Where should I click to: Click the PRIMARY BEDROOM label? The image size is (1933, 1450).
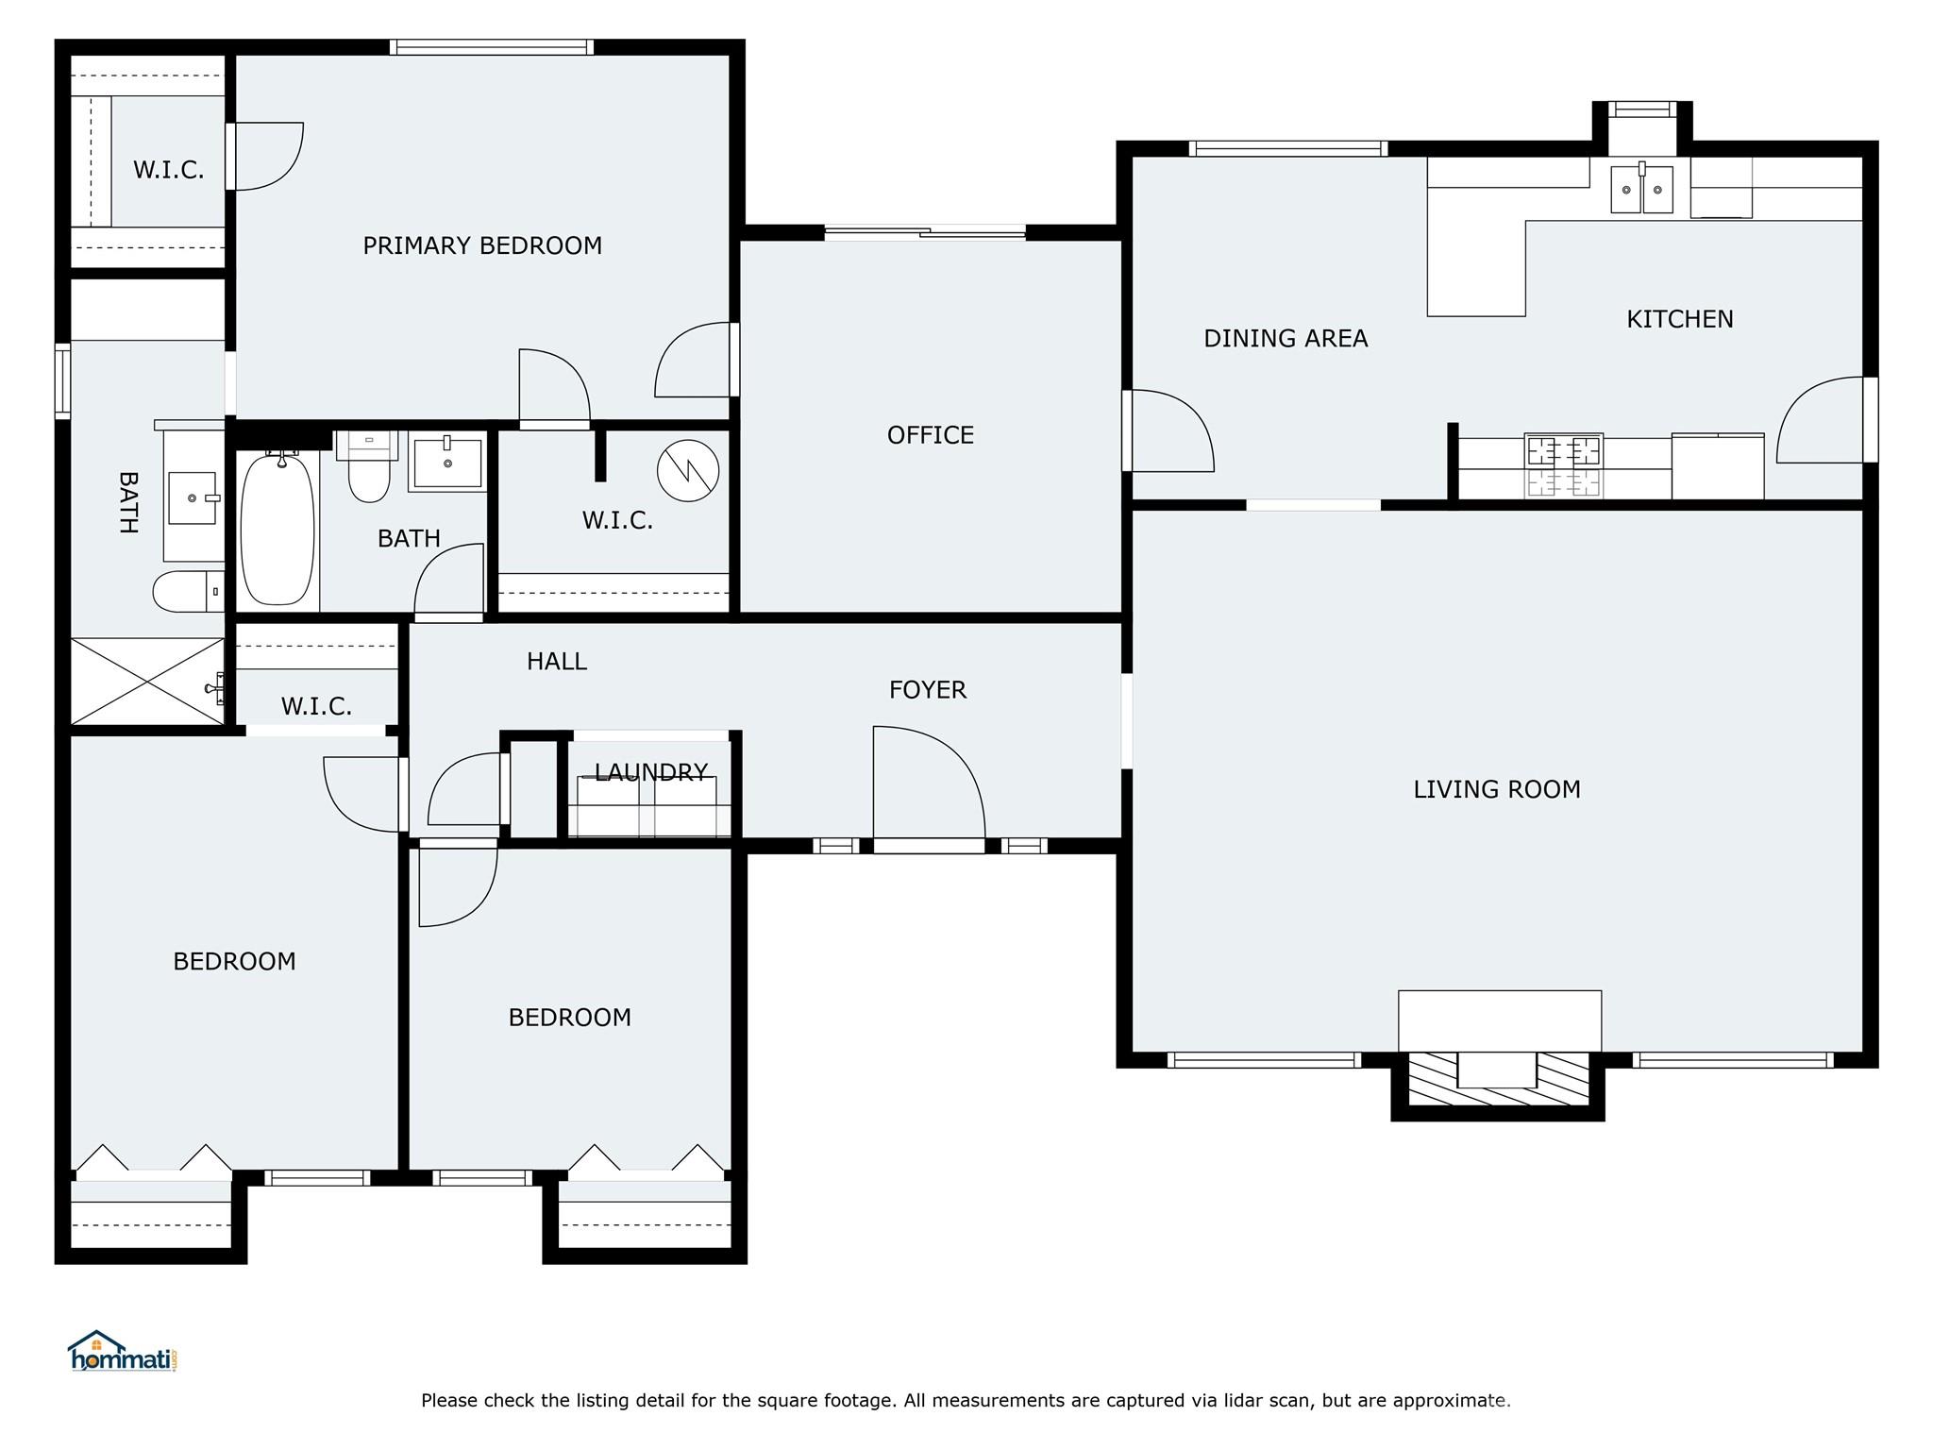(x=482, y=245)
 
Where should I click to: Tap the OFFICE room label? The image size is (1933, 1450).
(x=930, y=435)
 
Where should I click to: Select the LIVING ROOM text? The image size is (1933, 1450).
(x=1496, y=789)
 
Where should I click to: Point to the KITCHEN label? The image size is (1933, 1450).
(x=1679, y=319)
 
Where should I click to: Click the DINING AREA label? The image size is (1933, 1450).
(x=1285, y=338)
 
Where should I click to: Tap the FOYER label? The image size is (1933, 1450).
(x=927, y=690)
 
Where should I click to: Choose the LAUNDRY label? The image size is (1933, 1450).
(x=650, y=773)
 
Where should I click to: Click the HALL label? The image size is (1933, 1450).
(x=556, y=662)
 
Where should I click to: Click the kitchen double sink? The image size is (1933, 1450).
(x=1641, y=189)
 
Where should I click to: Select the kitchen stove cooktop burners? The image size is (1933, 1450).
(x=1564, y=464)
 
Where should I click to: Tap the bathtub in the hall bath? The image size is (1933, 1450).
(x=277, y=529)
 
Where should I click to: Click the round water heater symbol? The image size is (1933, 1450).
(x=687, y=470)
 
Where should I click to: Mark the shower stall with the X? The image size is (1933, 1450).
(x=147, y=682)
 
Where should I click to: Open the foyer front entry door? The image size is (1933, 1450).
(x=928, y=788)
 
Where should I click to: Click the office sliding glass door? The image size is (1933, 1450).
(x=925, y=232)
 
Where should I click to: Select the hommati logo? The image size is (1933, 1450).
(x=123, y=1352)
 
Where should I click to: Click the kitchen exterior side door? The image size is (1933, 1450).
(x=1824, y=420)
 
